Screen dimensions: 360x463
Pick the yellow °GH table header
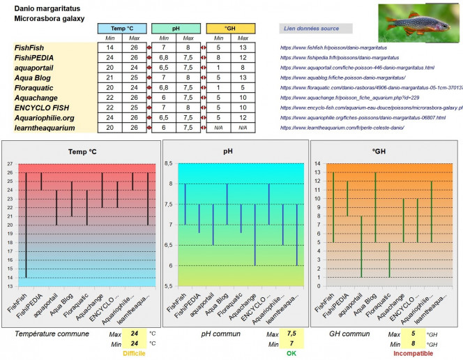(x=231, y=28)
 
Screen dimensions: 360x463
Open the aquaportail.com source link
(x=356, y=68)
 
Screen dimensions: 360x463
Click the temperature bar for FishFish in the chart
(x=26, y=225)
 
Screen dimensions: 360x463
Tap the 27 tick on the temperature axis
(x=10, y=163)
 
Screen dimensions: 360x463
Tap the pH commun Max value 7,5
(x=291, y=333)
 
